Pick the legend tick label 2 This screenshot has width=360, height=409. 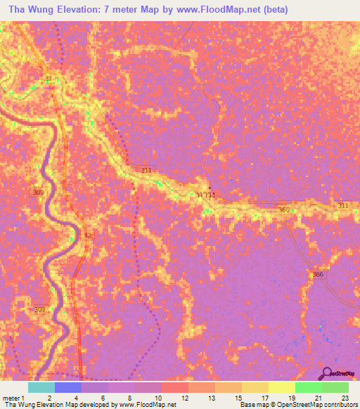tap(49, 397)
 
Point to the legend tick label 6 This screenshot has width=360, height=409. tap(102, 397)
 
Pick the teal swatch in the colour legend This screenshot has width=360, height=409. tap(41, 387)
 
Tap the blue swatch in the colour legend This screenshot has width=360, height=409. tap(68, 387)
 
